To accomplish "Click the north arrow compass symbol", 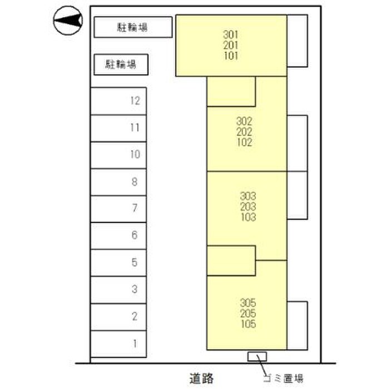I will coord(68,21).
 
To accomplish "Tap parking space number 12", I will coord(118,101).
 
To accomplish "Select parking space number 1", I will coord(118,343).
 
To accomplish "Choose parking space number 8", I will coord(118,182).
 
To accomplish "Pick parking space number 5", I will coord(118,262).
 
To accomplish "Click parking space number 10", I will coord(118,154).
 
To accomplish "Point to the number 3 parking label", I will coord(135,289).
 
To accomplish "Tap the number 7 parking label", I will coord(135,208).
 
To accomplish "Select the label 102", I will coord(244,142).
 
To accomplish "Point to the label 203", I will coord(248,207).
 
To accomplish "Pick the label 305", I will coord(247,303).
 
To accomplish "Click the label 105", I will coord(247,325).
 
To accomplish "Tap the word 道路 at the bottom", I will coord(201,378).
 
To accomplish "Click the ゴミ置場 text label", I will coord(283,379).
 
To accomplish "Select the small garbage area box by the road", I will coord(257,356).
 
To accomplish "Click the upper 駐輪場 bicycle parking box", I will coord(132,27).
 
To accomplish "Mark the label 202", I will coord(244,132).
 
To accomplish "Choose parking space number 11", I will coord(118,128).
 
